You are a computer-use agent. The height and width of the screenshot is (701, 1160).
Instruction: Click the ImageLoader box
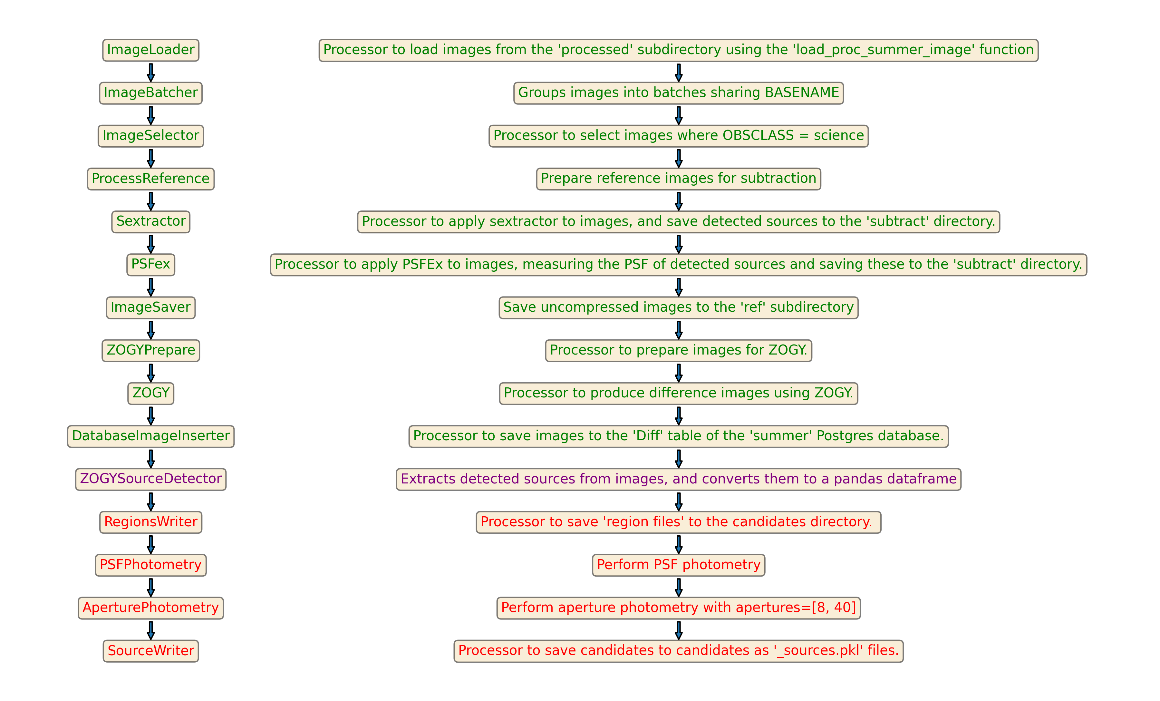coord(151,50)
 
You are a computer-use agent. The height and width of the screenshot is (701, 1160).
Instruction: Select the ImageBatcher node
coord(151,93)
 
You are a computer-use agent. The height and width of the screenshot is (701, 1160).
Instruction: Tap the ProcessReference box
coord(151,179)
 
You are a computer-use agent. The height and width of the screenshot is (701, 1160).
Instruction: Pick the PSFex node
coord(151,265)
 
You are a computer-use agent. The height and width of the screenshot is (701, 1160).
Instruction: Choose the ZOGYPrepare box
coord(151,350)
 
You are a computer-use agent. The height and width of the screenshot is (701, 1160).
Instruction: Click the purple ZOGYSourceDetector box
coord(151,479)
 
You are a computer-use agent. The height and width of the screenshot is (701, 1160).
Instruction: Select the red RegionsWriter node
coord(151,522)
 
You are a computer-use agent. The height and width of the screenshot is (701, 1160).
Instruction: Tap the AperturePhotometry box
coord(151,608)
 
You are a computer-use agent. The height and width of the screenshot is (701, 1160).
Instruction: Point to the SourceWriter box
coord(151,651)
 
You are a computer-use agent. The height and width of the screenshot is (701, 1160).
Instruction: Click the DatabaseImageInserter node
coord(151,436)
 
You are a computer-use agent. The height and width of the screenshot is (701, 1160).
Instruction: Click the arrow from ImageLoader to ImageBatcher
coord(151,73)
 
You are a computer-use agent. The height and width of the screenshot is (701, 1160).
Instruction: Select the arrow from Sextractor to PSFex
coord(151,244)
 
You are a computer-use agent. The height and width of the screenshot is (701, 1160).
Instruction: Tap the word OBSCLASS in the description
coord(758,136)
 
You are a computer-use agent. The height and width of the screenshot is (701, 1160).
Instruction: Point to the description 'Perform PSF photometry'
coord(678,565)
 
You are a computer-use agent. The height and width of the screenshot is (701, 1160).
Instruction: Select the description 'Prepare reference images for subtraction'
coord(678,179)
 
